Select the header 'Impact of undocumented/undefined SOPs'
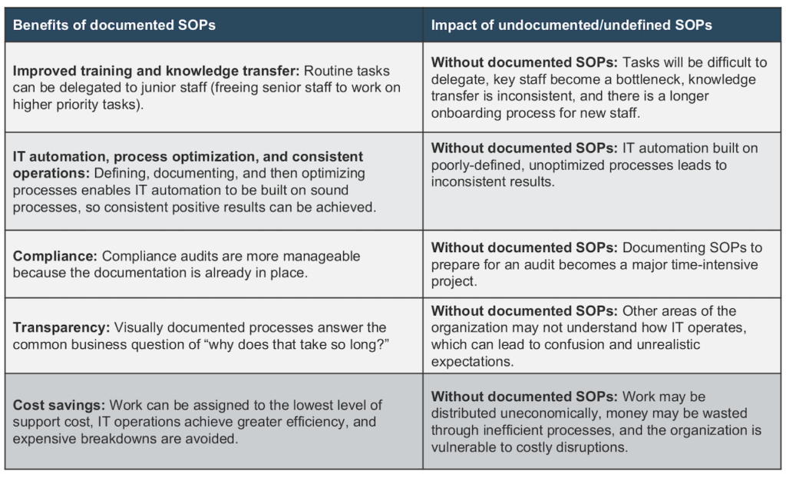click(571, 25)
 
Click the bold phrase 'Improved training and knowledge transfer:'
click(157, 71)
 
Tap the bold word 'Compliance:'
click(55, 256)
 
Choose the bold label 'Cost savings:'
click(59, 405)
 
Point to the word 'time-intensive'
click(715, 264)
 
